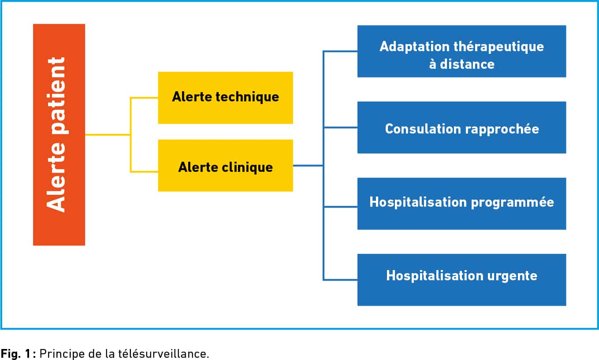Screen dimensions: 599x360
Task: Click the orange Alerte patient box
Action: (x=59, y=135)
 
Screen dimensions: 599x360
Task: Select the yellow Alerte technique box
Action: (x=225, y=98)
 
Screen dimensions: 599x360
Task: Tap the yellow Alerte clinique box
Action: (x=225, y=165)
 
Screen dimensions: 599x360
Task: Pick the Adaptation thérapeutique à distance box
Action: (x=462, y=51)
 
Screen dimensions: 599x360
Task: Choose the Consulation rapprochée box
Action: (x=462, y=127)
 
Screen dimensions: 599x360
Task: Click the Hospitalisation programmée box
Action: (x=462, y=204)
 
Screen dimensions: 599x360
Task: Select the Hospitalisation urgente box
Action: (x=462, y=280)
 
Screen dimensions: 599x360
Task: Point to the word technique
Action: (x=247, y=97)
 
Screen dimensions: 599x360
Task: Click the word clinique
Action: (x=247, y=167)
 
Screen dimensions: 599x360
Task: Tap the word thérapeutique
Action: (x=499, y=47)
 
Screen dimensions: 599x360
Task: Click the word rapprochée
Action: (x=502, y=130)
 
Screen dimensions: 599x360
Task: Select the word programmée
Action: (x=512, y=203)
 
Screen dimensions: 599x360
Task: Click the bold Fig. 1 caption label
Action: (x=18, y=353)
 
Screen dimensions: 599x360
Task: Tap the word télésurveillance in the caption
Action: (x=164, y=353)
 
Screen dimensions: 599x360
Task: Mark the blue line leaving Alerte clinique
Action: (x=308, y=166)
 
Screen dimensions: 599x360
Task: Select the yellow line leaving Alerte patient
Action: (x=108, y=135)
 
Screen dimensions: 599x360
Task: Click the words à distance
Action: (x=462, y=64)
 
